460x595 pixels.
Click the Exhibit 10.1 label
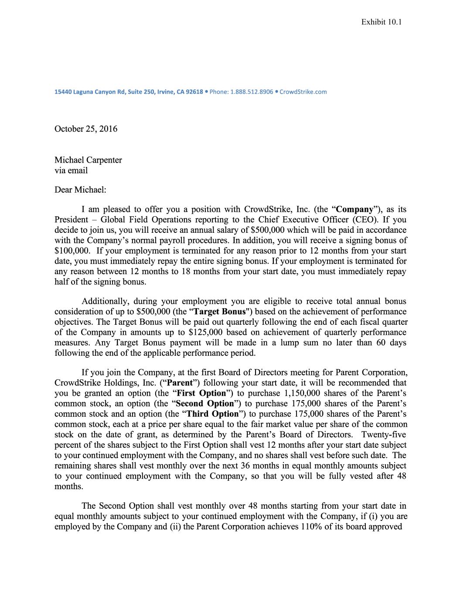tap(381, 22)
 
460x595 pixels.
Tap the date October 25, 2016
tap(85, 129)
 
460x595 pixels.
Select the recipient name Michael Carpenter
tap(88, 160)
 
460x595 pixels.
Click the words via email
tap(71, 170)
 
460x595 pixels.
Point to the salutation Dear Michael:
tap(80, 190)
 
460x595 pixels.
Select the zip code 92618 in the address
tap(194, 92)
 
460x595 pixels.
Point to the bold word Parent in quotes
tap(180, 383)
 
